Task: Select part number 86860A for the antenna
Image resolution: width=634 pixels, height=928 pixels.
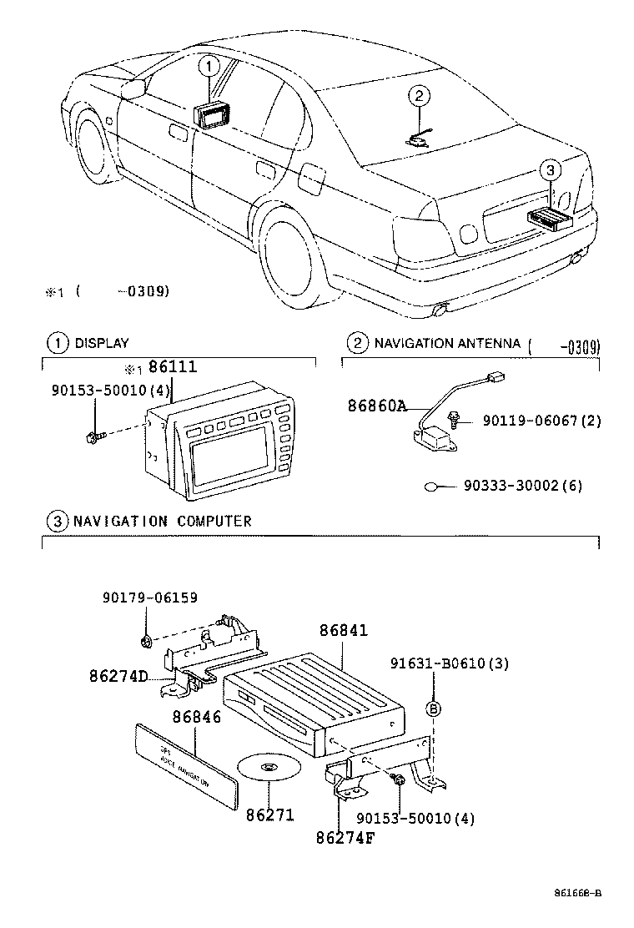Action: [x=377, y=406]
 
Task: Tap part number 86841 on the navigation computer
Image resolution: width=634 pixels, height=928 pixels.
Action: [x=343, y=632]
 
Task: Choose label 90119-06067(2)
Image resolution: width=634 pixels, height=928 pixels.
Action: [x=541, y=421]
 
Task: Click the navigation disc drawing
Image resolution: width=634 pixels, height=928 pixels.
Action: [x=269, y=768]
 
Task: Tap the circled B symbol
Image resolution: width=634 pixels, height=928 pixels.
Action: [x=434, y=709]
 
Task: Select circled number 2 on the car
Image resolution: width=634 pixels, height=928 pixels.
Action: [x=420, y=98]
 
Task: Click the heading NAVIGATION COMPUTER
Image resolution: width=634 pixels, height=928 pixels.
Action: [x=162, y=521]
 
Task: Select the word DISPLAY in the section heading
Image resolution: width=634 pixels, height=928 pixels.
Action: [x=102, y=343]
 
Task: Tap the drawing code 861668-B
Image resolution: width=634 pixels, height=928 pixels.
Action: [x=578, y=893]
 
